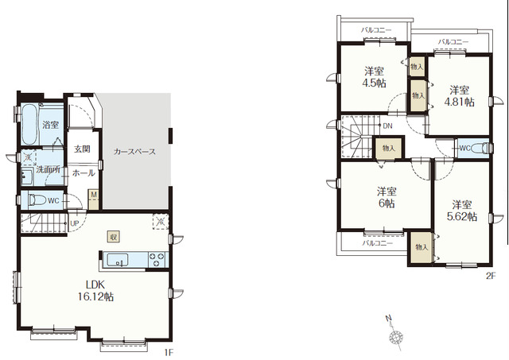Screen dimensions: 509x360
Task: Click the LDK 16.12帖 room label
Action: pyautogui.click(x=95, y=291)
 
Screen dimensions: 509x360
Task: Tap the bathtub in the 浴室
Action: pyautogui.click(x=29, y=124)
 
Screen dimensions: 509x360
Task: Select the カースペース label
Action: pyautogui.click(x=134, y=152)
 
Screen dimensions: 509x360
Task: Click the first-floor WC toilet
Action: pyautogui.click(x=37, y=200)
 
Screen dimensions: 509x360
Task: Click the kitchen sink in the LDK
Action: pyautogui.click(x=118, y=260)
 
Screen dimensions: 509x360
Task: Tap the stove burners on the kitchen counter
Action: pyautogui.click(x=157, y=259)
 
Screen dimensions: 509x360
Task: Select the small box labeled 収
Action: pyautogui.click(x=114, y=237)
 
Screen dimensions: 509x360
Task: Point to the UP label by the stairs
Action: pyautogui.click(x=75, y=223)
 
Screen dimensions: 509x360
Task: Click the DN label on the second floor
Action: pyautogui.click(x=387, y=126)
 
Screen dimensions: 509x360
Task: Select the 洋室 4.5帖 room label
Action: pyautogui.click(x=374, y=77)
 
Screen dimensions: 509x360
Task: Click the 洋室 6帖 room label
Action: pyautogui.click(x=387, y=198)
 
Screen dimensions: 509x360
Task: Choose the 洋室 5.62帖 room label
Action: pyautogui.click(x=462, y=211)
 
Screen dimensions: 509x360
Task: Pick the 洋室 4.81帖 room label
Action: pyautogui.click(x=459, y=96)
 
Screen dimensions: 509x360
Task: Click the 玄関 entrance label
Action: pyautogui.click(x=82, y=149)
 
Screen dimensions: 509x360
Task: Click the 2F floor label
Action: pyautogui.click(x=492, y=276)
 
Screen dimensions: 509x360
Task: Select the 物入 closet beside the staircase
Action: pyautogui.click(x=389, y=149)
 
